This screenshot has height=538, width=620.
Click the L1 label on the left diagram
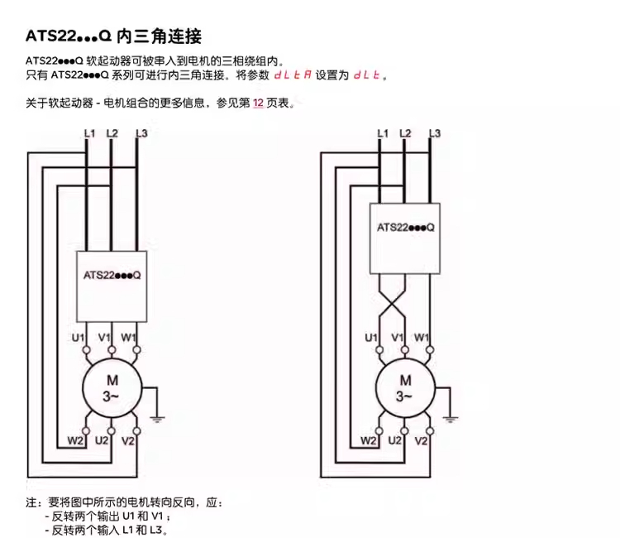point(89,133)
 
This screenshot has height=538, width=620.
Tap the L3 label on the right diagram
point(435,133)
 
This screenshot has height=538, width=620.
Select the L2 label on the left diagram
point(113,133)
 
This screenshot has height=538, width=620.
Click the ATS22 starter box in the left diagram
point(112,285)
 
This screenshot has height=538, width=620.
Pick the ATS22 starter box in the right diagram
point(405,237)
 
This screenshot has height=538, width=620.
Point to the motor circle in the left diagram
point(112,387)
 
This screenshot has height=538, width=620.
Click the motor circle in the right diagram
point(405,387)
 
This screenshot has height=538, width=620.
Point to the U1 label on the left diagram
point(79,338)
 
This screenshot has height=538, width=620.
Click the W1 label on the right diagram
point(422,338)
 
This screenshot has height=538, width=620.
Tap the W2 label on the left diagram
point(75,441)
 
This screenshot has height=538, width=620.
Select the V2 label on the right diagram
point(422,441)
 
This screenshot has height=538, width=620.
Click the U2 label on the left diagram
point(102,441)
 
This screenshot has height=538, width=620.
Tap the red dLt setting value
point(367,74)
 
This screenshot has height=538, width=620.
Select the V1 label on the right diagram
point(397,338)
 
